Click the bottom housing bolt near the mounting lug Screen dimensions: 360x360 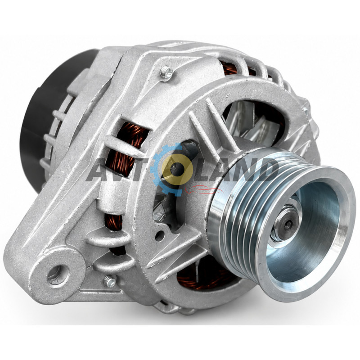point(110,281)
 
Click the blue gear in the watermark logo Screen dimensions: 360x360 point(166,170)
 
